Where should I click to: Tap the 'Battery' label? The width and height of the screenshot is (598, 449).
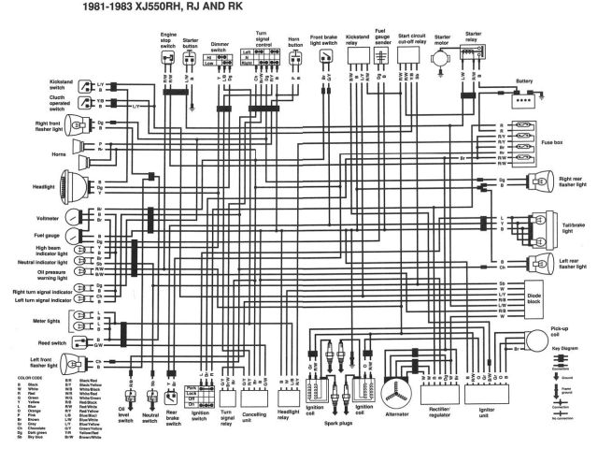[525, 81]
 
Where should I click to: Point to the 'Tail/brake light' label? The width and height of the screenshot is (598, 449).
[574, 226]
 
